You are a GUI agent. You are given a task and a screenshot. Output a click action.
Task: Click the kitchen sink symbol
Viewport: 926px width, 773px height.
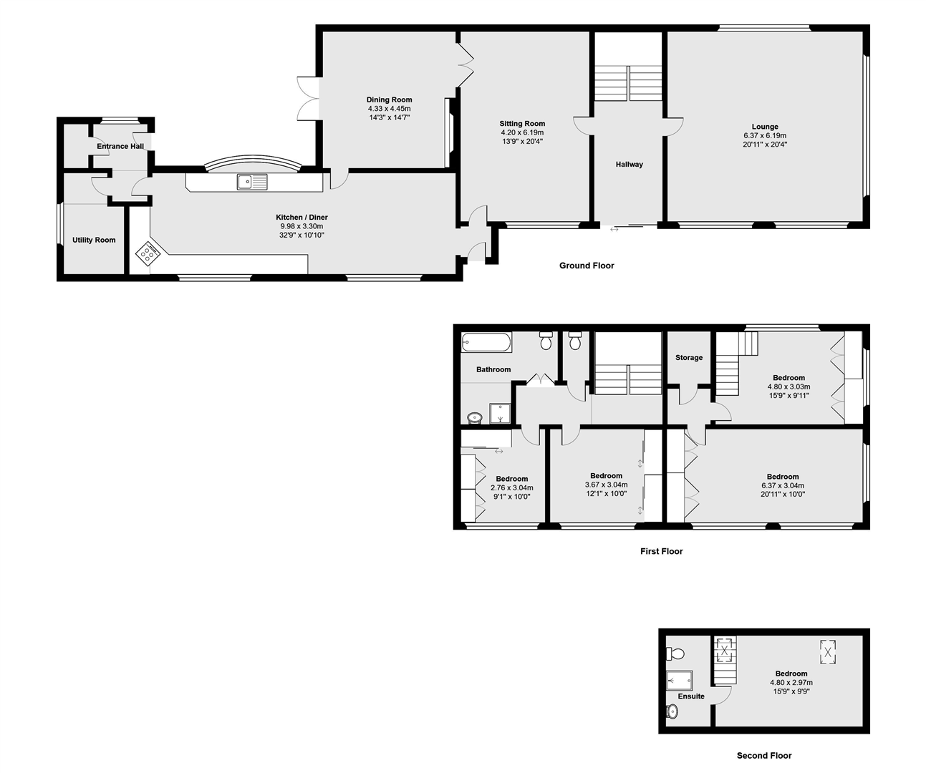(251, 182)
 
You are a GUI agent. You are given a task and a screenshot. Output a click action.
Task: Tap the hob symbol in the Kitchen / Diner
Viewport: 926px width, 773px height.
(148, 253)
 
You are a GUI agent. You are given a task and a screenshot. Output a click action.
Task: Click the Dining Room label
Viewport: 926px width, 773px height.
(389, 100)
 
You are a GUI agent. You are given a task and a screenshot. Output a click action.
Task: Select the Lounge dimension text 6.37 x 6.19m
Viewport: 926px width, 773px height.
(765, 135)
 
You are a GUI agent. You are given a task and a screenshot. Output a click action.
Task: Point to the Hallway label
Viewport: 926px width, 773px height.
(630, 165)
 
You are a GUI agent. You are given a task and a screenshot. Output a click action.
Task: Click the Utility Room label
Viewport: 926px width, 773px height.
(94, 240)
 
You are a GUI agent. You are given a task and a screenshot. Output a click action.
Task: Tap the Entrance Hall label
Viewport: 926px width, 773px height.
(120, 147)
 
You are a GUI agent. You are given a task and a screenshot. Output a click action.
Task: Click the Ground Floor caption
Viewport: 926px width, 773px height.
(587, 266)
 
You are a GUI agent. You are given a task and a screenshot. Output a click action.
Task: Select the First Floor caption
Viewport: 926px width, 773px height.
(661, 552)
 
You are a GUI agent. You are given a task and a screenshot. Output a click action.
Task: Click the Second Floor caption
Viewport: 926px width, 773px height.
(764, 756)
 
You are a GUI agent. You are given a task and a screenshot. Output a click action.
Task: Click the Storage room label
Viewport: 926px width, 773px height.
(689, 358)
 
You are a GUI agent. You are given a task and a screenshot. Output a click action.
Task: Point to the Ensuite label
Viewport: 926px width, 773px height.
(691, 696)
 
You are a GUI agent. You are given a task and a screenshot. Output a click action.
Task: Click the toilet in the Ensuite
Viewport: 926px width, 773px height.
(675, 653)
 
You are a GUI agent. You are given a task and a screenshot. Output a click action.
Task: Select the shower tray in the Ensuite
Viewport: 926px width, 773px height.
(680, 680)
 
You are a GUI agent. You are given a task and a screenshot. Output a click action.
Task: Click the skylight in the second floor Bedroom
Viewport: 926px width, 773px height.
(828, 652)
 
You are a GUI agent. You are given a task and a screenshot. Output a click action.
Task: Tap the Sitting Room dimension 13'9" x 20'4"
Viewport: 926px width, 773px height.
(522, 141)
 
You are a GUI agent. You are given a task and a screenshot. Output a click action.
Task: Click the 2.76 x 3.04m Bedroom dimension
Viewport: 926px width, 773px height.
(511, 487)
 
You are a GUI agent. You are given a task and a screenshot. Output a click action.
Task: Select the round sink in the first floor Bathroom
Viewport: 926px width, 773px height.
(474, 417)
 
